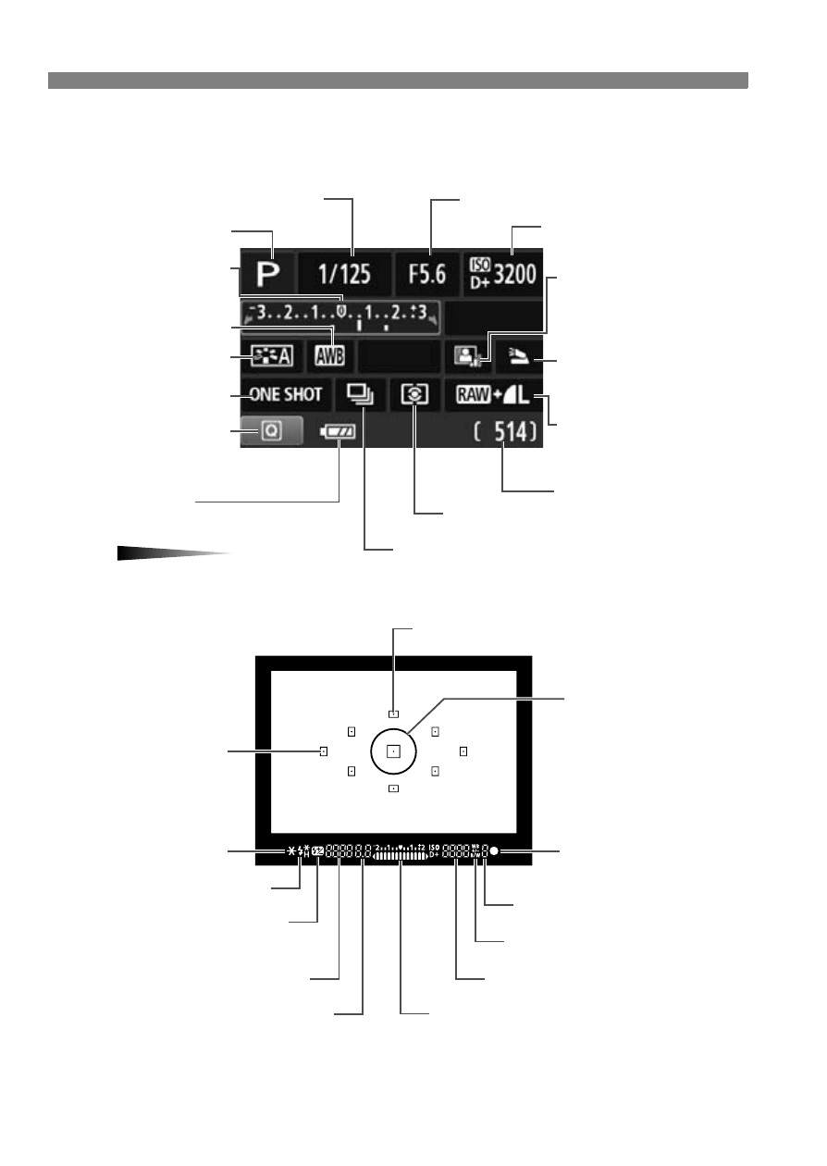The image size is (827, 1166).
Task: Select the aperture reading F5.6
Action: (x=427, y=275)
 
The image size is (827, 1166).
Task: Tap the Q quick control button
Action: (x=271, y=431)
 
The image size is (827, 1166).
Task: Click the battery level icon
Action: (x=337, y=431)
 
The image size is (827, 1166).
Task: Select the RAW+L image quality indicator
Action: (x=494, y=395)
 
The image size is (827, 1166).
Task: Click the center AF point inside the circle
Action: (x=393, y=752)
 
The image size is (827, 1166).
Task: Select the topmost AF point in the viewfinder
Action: (x=393, y=713)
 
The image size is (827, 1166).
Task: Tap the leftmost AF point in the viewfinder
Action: (x=324, y=751)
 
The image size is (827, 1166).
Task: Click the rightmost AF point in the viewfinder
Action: (x=463, y=751)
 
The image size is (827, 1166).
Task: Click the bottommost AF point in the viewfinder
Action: (x=393, y=788)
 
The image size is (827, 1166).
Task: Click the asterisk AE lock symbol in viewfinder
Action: (x=290, y=850)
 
